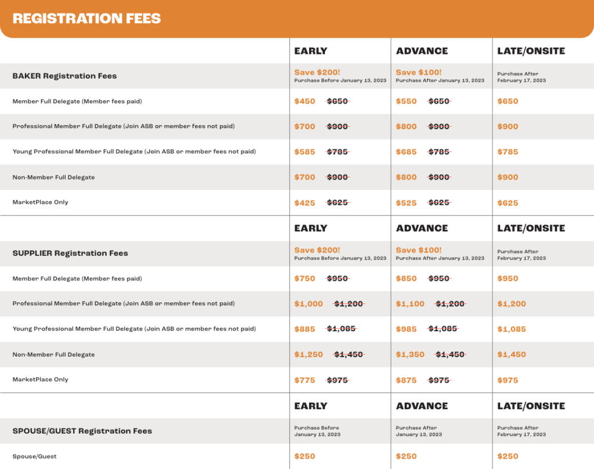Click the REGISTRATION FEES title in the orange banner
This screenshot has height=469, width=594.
[x=86, y=19]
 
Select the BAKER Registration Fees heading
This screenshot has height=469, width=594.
[x=64, y=76]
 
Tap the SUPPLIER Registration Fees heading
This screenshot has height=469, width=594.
[x=70, y=253]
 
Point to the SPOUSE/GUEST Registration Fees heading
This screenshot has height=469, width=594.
[x=82, y=431]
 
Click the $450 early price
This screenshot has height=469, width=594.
[x=305, y=101]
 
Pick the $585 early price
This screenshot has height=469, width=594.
[x=305, y=152]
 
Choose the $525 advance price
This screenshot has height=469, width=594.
[x=406, y=203]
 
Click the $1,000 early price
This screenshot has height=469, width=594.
[x=309, y=303]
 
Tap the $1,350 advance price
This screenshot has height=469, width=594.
[x=410, y=354]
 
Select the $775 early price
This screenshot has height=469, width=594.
[x=305, y=380]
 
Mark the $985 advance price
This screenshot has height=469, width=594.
[x=406, y=329]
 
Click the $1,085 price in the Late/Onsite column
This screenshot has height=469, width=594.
[x=512, y=329]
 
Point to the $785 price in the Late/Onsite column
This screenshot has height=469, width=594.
[x=508, y=152]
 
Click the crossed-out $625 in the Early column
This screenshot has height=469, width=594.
[x=338, y=203]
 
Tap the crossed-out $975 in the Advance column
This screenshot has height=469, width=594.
[x=440, y=380]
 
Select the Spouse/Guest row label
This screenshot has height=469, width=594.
[x=35, y=456]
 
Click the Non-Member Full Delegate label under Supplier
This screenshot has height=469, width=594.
[x=53, y=354]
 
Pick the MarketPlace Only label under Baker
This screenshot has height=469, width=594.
[x=41, y=202]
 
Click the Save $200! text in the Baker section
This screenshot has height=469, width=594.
[x=317, y=72]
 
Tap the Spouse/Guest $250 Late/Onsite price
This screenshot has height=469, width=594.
[x=508, y=456]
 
